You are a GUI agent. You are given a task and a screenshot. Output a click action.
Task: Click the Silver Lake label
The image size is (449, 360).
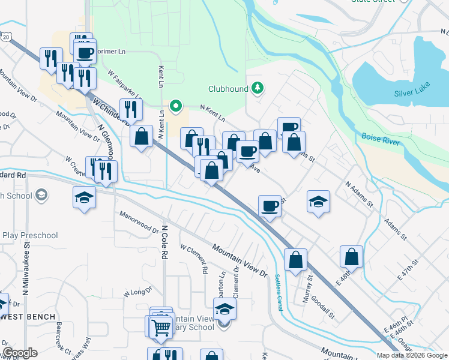click(412, 93)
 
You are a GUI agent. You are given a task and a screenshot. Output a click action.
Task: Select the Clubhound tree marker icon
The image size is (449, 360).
click(258, 89)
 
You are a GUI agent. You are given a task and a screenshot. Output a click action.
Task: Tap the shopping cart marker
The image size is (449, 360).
click(161, 327)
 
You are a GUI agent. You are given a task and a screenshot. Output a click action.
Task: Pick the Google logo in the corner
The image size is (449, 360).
click(20, 353)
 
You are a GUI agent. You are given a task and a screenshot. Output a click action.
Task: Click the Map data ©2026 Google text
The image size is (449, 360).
click(411, 355)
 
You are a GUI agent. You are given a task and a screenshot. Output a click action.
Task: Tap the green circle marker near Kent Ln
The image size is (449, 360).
click(176, 107)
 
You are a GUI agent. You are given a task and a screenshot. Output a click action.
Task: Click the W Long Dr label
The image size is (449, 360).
click(135, 293)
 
